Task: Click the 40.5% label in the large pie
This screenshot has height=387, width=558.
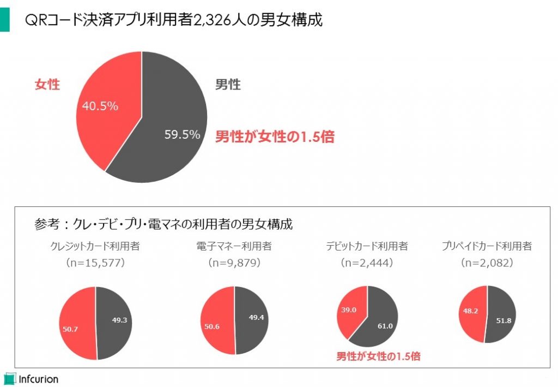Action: click(100, 106)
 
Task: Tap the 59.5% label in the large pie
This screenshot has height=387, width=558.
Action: click(183, 134)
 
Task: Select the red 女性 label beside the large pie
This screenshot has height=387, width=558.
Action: click(47, 85)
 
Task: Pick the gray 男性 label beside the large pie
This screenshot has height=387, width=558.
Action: click(228, 85)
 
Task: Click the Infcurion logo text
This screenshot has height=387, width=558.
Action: click(38, 378)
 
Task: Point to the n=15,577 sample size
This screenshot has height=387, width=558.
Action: click(95, 263)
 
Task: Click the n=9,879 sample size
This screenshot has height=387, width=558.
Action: click(234, 263)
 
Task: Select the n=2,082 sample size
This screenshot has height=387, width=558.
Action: click(487, 263)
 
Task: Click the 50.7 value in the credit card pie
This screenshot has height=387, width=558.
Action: click(71, 330)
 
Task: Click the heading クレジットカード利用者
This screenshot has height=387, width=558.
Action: click(95, 246)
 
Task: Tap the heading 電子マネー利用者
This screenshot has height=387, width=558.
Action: click(234, 246)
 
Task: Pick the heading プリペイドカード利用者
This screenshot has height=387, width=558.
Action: click(487, 246)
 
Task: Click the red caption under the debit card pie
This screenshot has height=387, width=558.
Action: click(378, 357)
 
